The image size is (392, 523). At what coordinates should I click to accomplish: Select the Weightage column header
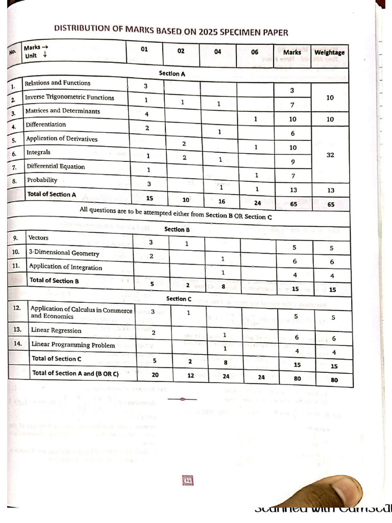329,53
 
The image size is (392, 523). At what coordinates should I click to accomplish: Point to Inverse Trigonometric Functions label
70,97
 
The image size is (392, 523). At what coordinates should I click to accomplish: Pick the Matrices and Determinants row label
63,111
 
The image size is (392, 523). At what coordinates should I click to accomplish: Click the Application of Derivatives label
62,138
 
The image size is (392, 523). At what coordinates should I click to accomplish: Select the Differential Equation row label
56,167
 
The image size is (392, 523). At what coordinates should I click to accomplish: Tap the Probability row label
42,180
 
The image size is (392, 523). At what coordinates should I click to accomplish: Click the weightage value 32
330,155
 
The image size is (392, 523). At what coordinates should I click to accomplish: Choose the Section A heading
172,74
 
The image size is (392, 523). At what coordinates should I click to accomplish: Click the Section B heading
177,229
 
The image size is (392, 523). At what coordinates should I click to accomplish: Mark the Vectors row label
38,237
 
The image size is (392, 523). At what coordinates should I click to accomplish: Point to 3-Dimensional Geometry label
63,252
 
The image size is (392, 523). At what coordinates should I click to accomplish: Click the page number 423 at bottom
187,480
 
